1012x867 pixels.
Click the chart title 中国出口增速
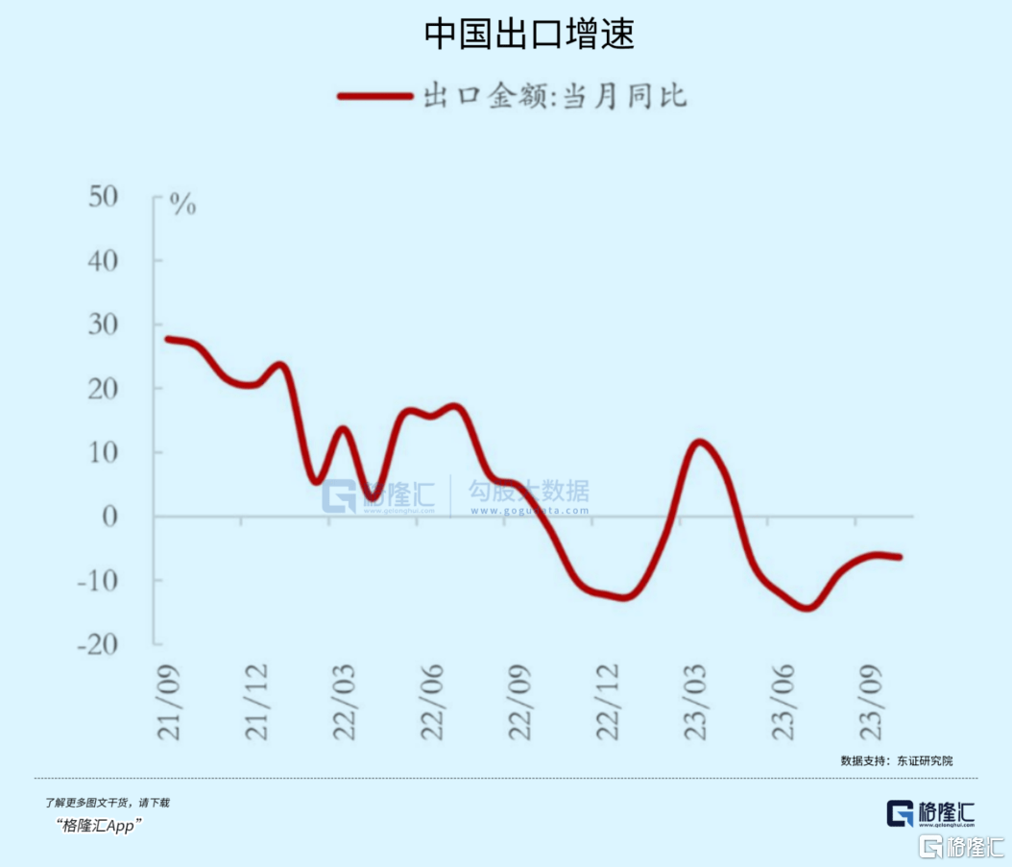tap(529, 35)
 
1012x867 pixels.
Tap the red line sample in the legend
tap(374, 97)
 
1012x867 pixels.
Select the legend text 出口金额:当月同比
tap(555, 97)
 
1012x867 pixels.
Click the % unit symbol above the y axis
tap(182, 205)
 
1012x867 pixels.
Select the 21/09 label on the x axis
tap(170, 696)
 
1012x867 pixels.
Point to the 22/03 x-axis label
tap(346, 696)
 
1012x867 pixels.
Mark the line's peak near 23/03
tap(699, 443)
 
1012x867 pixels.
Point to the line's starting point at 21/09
tap(168, 339)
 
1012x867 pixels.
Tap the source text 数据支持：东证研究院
tap(896, 760)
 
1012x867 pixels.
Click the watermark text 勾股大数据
tap(528, 492)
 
